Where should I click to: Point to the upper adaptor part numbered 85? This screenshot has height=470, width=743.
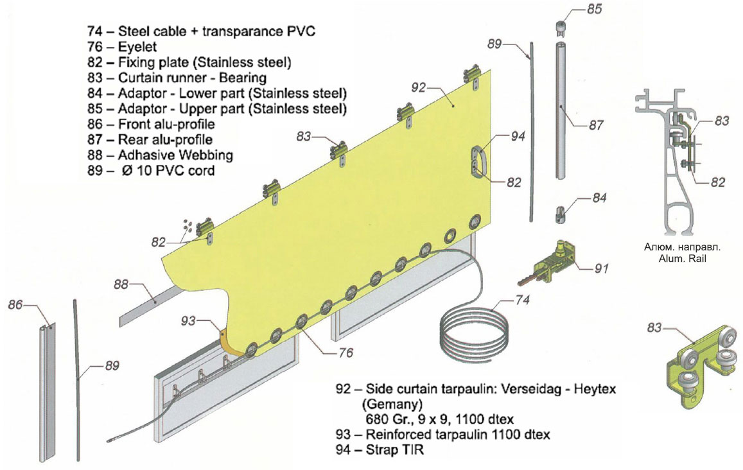pos(559,30)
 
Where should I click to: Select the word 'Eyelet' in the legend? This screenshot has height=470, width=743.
pos(137,47)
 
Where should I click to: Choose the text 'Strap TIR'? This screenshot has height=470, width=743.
pos(402,451)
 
